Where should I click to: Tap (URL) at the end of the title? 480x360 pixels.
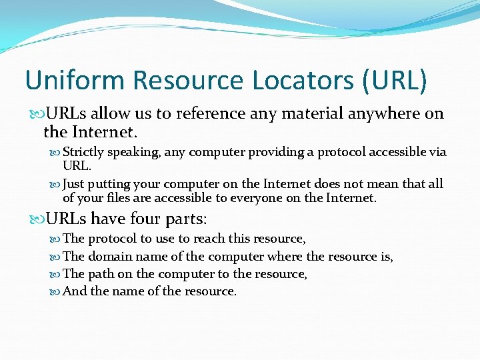[x=395, y=81]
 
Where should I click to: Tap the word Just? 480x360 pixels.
[x=74, y=184]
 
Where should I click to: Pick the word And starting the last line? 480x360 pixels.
[x=74, y=291]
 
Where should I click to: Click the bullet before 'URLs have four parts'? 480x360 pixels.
[x=35, y=219]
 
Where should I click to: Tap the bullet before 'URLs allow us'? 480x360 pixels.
[x=35, y=114]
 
